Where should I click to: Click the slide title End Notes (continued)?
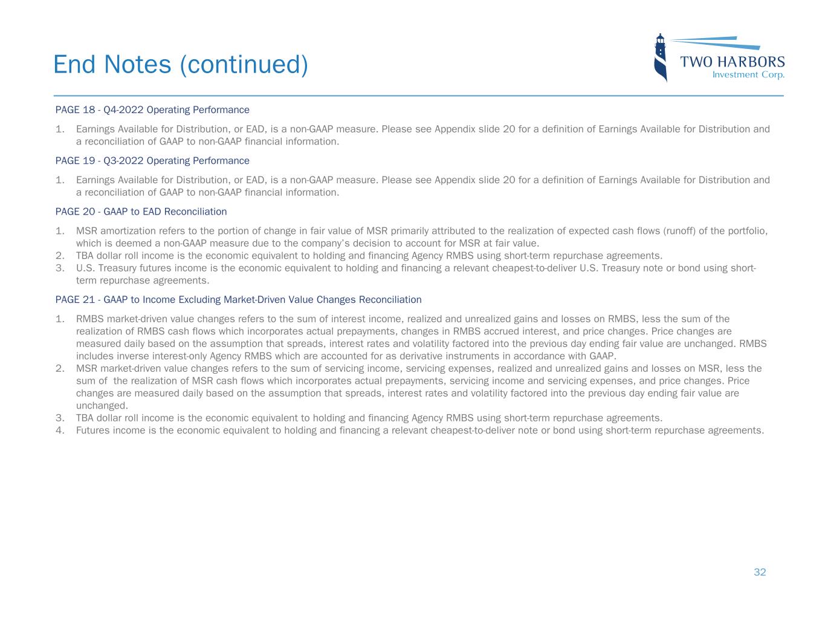(180, 64)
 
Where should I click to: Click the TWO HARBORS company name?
(733, 62)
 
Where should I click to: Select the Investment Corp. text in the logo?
(748, 75)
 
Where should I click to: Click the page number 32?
(760, 572)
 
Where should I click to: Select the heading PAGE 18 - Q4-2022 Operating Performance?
(152, 110)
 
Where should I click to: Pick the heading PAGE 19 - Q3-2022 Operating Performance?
(152, 161)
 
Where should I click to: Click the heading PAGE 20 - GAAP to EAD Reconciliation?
(141, 212)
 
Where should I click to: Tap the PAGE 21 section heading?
(238, 300)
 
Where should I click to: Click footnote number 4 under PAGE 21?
(59, 430)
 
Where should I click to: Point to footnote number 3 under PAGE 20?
(59, 268)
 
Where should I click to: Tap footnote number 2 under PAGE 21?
(59, 368)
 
